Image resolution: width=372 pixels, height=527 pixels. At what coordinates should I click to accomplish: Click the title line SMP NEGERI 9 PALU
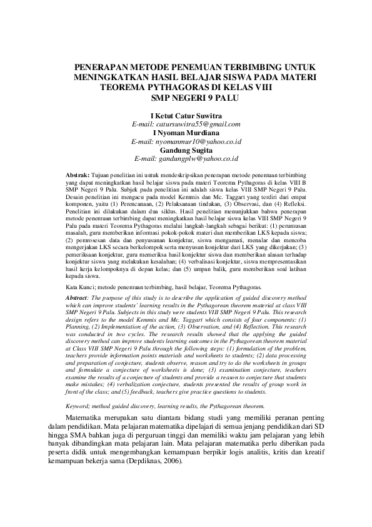186,98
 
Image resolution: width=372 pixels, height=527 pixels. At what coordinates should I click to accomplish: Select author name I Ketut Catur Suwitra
186,116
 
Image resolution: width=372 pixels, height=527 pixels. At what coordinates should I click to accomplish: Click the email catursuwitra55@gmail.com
186,125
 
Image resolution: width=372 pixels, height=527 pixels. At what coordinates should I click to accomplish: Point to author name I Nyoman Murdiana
186,133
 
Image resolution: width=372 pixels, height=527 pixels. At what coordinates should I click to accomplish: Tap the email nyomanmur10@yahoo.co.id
186,142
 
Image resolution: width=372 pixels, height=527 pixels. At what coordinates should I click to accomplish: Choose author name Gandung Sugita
186,151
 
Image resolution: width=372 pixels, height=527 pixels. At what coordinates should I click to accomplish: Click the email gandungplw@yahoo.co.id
186,160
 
